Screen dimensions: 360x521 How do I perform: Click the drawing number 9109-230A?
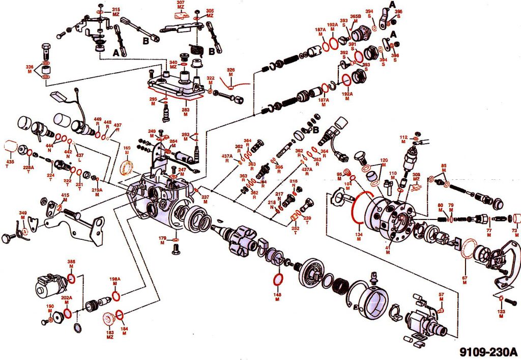pyautogui.click(x=488, y=351)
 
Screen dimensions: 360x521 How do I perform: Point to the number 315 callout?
pyautogui.click(x=115, y=10)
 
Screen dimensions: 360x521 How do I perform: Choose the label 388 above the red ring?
pyautogui.click(x=71, y=262)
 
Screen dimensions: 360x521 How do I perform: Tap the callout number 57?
pyautogui.click(x=441, y=294)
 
